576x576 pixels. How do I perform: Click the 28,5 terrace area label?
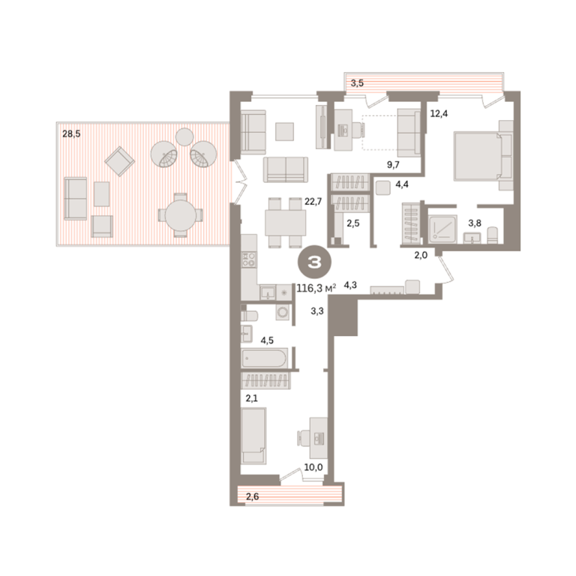tap(71, 134)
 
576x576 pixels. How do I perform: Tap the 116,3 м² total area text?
tap(316, 288)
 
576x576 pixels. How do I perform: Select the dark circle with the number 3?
tap(314, 262)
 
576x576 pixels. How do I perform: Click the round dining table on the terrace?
tap(180, 216)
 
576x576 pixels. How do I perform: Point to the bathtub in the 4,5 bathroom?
tap(264, 358)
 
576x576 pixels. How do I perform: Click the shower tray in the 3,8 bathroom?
tap(443, 229)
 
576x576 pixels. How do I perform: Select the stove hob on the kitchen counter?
tap(250, 259)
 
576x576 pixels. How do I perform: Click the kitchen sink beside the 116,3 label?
tap(268, 292)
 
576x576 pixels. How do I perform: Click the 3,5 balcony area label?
tap(357, 83)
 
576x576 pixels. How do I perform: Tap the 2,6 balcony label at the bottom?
tap(252, 496)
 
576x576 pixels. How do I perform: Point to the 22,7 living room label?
tap(313, 201)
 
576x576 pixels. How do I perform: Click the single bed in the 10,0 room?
tap(253, 436)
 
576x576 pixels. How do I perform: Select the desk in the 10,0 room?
tap(318, 437)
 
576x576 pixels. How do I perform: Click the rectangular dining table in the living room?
tap(286, 223)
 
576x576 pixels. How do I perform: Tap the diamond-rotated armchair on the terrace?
tap(120, 162)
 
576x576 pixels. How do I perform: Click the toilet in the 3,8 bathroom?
tap(493, 235)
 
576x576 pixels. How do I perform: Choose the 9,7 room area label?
tap(393, 165)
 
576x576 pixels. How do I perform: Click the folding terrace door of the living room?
tap(238, 181)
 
